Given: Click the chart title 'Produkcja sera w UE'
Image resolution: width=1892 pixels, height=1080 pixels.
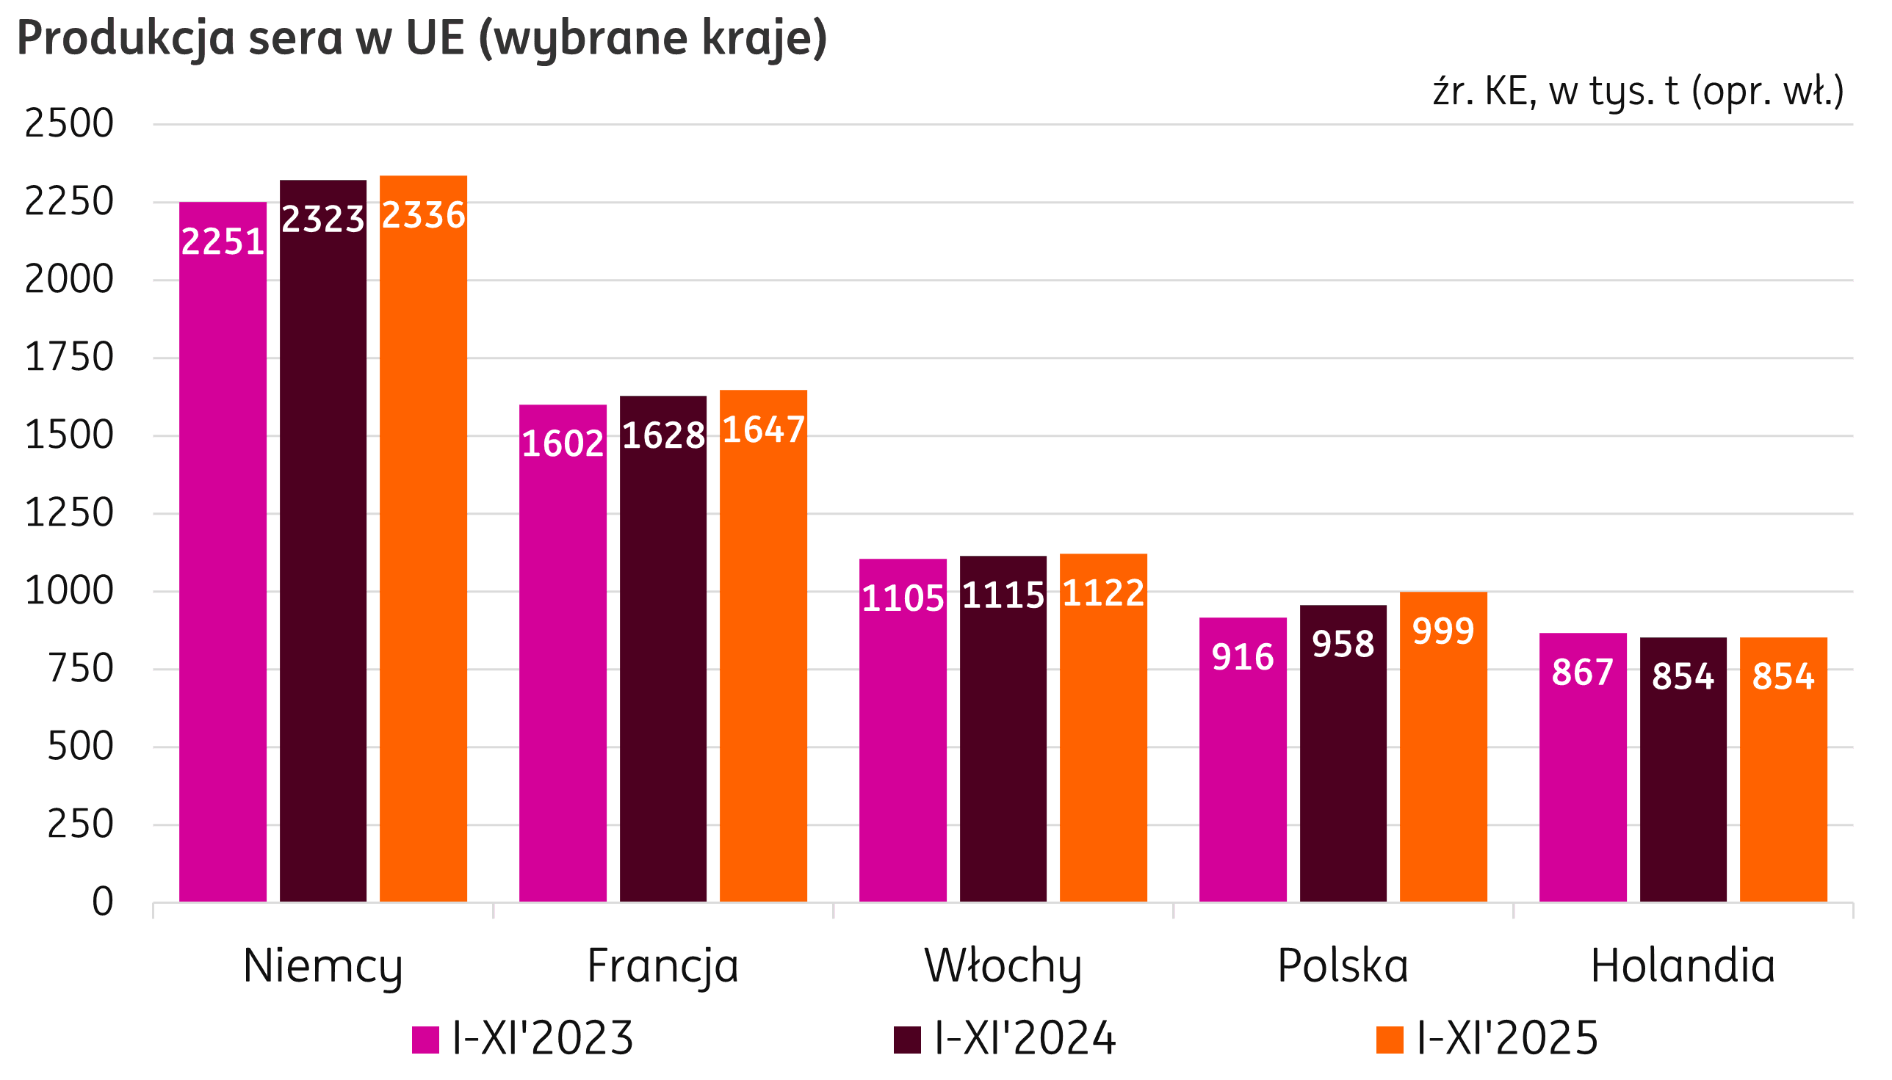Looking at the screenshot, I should [x=422, y=39].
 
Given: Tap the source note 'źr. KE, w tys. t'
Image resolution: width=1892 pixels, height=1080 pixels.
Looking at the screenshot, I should [x=1638, y=92].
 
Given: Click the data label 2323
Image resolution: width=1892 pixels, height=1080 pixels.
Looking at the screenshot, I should [x=322, y=220].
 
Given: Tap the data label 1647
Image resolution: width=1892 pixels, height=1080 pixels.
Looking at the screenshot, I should [x=763, y=430].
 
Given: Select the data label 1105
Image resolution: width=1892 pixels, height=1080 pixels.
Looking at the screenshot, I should [x=902, y=598].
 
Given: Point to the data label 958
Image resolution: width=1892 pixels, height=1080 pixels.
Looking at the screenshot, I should [x=1343, y=644].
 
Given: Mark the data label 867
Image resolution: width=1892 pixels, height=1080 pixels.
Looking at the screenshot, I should [x=1583, y=673].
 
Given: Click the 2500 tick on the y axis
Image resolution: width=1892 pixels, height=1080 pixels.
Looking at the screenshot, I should [x=69, y=124].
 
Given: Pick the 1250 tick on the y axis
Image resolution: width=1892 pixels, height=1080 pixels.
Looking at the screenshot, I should [x=69, y=513].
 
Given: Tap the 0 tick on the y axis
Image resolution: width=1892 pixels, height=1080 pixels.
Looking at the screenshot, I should [x=102, y=903].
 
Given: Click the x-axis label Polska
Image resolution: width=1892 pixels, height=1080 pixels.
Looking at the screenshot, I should [x=1342, y=966].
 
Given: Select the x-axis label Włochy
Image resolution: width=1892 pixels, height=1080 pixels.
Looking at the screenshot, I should [x=1003, y=966].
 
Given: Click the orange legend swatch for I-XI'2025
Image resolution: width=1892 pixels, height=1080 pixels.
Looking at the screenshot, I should [x=1390, y=1039].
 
